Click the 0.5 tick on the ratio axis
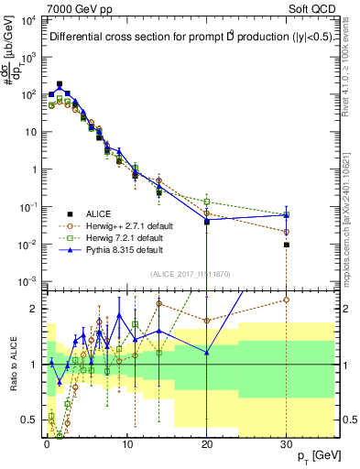pyautogui.click(x=34, y=420)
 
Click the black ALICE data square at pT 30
pyautogui.click(x=287, y=245)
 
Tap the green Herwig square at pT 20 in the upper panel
pyautogui.click(x=207, y=202)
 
